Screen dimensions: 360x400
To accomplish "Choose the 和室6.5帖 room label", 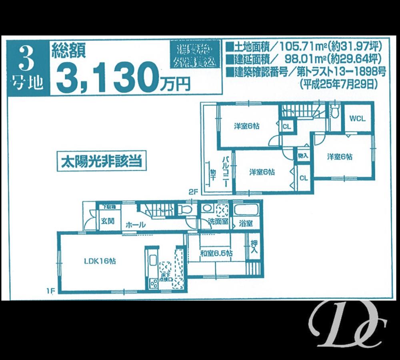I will pyautogui.click(x=217, y=254).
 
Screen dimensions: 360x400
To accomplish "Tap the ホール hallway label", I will pyautogui.click(x=135, y=225).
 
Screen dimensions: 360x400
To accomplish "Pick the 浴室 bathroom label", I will pyautogui.click(x=245, y=223).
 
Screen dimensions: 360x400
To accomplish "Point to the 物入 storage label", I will pyautogui.click(x=303, y=155).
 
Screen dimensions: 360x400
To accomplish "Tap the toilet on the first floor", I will pyautogui.click(x=184, y=209).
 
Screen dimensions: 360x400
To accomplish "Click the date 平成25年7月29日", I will pyautogui.click(x=337, y=84).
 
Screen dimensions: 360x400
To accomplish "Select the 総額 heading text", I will pyautogui.click(x=66, y=49).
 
